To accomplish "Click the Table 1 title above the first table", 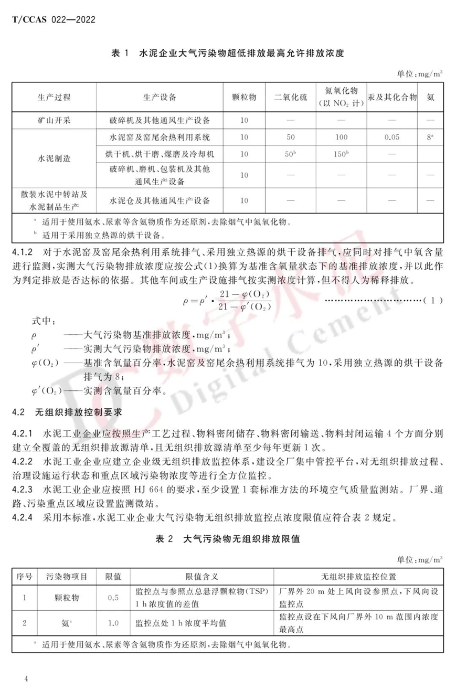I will (x=228, y=53).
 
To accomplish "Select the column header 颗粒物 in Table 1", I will (x=244, y=98).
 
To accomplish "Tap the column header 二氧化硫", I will (x=291, y=98).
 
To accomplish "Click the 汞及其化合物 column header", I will (x=393, y=98).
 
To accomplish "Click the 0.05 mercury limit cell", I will (x=391, y=137).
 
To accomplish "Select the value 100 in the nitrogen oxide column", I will (x=341, y=137).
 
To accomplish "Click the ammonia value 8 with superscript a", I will (x=430, y=137).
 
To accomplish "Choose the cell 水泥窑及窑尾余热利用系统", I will (x=160, y=137).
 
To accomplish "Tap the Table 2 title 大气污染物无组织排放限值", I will (x=228, y=539).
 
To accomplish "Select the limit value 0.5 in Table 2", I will (x=113, y=598).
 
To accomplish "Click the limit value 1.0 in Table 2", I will (x=113, y=623).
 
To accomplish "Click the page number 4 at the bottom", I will (x=26, y=679).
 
